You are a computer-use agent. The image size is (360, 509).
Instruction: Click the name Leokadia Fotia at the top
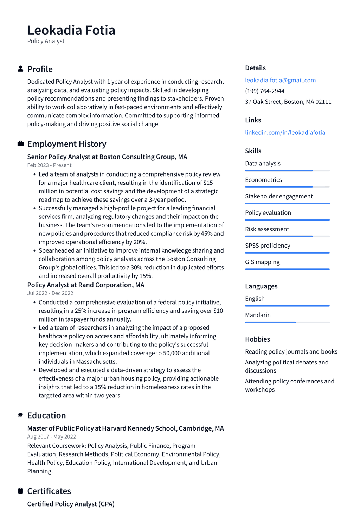point(71,31)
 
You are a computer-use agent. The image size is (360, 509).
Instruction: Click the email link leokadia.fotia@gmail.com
point(280,80)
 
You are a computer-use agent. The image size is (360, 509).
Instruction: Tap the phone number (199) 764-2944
point(264,91)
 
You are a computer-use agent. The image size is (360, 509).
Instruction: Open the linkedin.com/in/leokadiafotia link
point(285,132)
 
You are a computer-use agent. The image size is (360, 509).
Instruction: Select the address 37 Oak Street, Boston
point(288,102)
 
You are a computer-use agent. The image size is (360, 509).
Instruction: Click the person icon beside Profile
point(20,69)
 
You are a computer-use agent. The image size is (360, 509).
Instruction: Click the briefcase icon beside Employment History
point(20,144)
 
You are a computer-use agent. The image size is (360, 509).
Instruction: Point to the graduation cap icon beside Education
point(20,415)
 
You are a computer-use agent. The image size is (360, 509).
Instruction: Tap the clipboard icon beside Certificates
point(20,491)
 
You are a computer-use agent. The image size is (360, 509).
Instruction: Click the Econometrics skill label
point(263,180)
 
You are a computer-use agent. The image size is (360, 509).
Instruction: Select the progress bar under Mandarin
point(287,322)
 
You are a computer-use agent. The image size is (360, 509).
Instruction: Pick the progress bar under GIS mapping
point(287,269)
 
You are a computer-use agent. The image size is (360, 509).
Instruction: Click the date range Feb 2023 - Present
point(49,165)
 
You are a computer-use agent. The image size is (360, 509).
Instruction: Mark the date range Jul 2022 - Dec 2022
point(50,293)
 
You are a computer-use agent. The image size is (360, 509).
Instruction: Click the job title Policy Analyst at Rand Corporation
point(86,285)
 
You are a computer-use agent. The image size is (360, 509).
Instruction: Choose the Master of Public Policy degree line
point(126,428)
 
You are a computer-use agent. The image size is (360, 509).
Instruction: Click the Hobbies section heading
point(257,339)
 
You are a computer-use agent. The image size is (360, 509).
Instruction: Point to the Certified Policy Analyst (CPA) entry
point(71,504)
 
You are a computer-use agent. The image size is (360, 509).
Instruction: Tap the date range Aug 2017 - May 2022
point(51,437)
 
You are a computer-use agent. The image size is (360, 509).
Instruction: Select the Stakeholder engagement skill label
point(279,196)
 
